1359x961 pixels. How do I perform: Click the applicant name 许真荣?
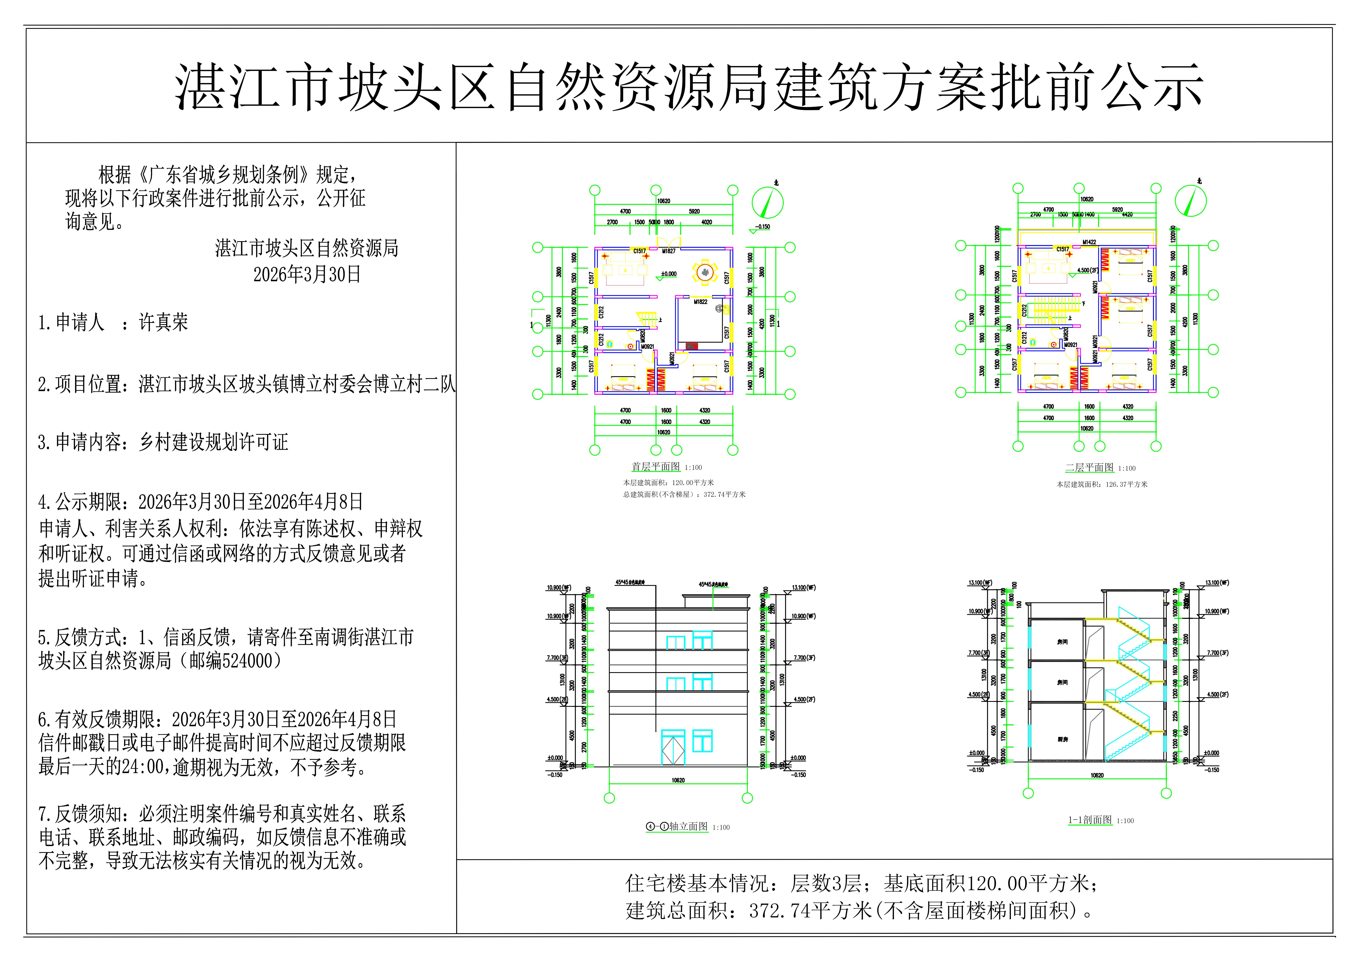[163, 323]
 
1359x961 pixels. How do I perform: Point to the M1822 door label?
[701, 302]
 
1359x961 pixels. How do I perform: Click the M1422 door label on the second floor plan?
[1089, 242]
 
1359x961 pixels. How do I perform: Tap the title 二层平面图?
[1089, 468]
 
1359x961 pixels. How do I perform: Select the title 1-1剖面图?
[1090, 820]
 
